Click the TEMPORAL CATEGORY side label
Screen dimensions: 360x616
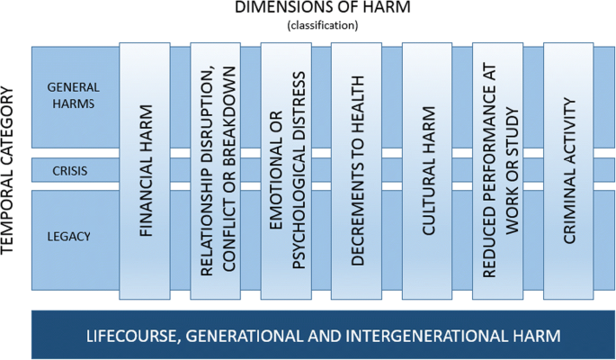(x=12, y=171)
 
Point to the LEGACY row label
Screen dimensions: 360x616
(x=71, y=236)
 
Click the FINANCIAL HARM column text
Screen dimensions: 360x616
(x=145, y=171)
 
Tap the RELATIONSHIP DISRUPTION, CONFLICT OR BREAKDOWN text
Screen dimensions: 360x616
(x=216, y=171)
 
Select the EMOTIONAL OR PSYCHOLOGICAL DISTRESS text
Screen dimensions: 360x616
(x=287, y=171)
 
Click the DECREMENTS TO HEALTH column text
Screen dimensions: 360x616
(x=357, y=171)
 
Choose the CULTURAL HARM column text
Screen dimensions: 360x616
(x=428, y=171)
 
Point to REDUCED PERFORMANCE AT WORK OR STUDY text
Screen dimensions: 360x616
(x=499, y=171)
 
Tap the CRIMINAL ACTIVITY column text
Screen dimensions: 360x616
(x=569, y=171)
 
